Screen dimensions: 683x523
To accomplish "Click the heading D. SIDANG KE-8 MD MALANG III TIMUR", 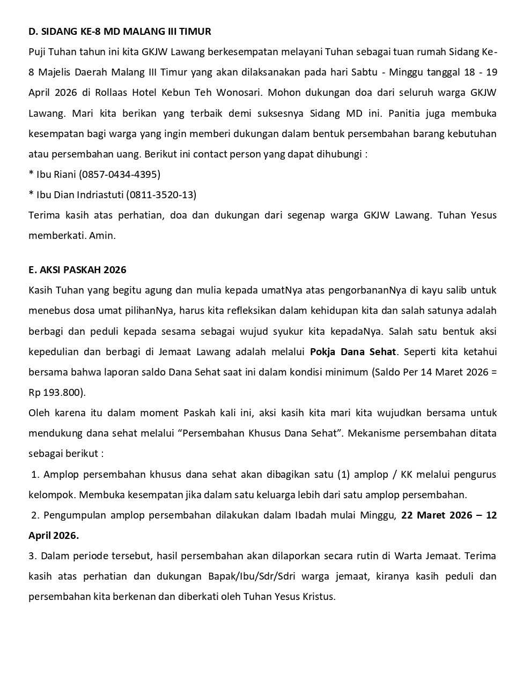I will click(120, 32).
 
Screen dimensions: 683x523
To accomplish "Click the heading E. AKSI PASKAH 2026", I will click(77, 269).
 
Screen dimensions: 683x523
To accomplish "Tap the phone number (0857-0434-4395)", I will click(120, 174).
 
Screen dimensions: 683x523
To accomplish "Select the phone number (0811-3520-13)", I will click(161, 194).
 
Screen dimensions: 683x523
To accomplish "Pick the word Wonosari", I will click(239, 92).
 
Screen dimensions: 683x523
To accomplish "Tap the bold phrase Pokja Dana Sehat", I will click(353, 352).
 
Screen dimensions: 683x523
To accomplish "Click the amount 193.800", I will click(62, 393).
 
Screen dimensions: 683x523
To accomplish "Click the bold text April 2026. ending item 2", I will click(54, 536).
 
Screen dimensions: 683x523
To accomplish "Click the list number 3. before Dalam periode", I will click(33, 556).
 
